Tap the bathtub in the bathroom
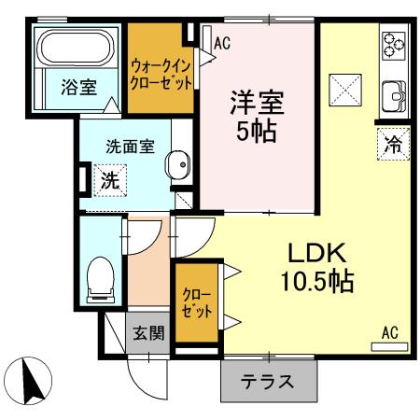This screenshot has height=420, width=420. (x=74, y=47)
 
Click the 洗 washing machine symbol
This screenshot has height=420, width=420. (x=109, y=181)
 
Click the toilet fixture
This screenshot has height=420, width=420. (x=99, y=277)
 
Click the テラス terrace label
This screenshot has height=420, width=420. (x=268, y=382)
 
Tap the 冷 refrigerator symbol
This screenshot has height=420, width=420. (x=393, y=145)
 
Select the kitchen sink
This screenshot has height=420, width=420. (x=393, y=93)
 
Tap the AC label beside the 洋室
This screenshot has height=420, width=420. (x=222, y=42)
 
